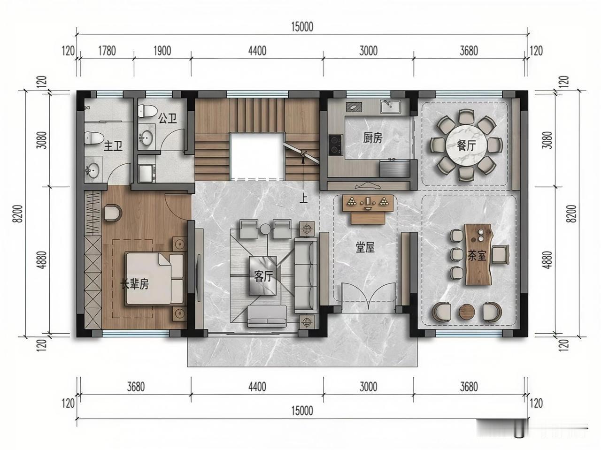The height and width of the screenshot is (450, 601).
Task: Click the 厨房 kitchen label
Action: [x=373, y=137]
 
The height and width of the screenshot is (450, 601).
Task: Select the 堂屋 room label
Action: [x=365, y=247]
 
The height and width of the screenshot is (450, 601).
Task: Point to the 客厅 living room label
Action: [x=263, y=276]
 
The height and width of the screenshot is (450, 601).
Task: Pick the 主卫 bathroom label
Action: [x=113, y=146]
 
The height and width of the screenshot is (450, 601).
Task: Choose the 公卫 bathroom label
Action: [x=167, y=118]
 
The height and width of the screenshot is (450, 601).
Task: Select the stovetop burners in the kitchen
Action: [x=335, y=145]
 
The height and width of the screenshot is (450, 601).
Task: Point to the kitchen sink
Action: [x=391, y=107]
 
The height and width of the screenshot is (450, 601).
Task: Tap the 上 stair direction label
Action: [x=304, y=198]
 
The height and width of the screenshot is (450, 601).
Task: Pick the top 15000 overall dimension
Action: [x=301, y=27]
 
